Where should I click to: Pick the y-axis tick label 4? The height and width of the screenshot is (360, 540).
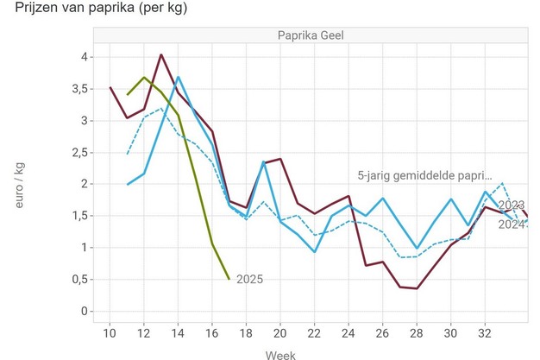(83, 57)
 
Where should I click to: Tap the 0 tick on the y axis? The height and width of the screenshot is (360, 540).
(83, 311)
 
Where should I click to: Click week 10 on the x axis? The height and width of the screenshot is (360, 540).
(110, 332)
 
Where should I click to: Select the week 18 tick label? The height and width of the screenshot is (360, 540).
(246, 332)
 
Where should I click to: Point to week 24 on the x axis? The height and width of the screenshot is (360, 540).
(348, 332)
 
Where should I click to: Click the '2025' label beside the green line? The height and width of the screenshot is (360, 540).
(248, 279)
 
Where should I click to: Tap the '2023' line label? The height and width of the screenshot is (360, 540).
(512, 205)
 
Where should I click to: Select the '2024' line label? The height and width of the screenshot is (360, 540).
(512, 224)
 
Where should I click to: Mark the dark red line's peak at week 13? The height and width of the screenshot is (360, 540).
(161, 55)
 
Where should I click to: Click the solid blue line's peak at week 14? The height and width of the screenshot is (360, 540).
(178, 77)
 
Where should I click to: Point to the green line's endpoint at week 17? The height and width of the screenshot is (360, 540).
(229, 279)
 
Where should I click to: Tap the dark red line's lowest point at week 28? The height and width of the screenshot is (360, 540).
(416, 288)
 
